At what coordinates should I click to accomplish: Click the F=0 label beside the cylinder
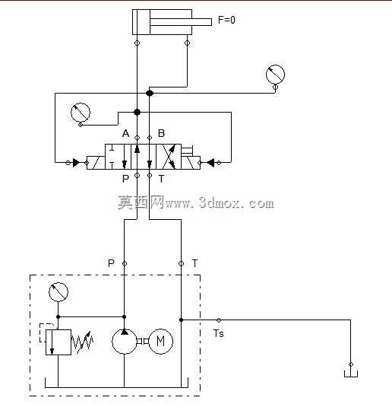click(x=226, y=20)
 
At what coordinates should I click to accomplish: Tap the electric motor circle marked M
click(x=161, y=341)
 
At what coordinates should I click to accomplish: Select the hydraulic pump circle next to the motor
click(x=124, y=342)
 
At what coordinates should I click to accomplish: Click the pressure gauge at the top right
click(x=275, y=75)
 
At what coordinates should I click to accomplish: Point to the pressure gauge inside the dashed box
click(x=58, y=292)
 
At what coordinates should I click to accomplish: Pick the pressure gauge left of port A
click(x=81, y=112)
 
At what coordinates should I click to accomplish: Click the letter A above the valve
click(x=126, y=133)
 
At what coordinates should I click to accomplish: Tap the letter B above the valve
click(x=161, y=133)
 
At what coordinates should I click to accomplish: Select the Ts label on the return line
click(x=219, y=333)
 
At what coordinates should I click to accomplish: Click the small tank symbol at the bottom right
click(x=351, y=374)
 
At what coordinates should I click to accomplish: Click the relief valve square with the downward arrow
click(x=58, y=342)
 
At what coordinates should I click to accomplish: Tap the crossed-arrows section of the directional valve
click(x=169, y=157)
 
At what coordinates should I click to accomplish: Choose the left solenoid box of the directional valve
click(x=96, y=163)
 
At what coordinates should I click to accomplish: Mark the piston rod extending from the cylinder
click(x=181, y=22)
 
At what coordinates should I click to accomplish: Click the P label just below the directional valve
click(x=125, y=179)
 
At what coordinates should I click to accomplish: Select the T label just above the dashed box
click(x=194, y=263)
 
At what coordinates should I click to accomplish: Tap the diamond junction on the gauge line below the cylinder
click(x=150, y=93)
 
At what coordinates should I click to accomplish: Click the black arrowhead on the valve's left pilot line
click(x=76, y=163)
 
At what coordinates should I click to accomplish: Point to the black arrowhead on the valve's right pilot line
click(x=210, y=163)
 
